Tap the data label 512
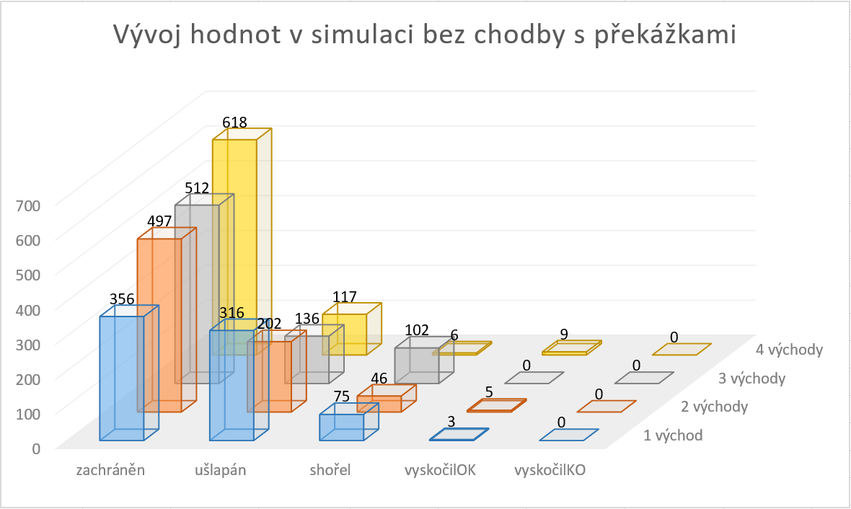click(x=196, y=189)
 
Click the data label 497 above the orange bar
click(x=159, y=221)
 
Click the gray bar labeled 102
click(x=417, y=364)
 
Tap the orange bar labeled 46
click(x=379, y=403)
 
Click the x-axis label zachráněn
click(x=111, y=471)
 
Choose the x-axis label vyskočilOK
click(x=440, y=471)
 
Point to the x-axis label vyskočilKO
click(x=550, y=471)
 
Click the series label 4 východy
click(x=790, y=350)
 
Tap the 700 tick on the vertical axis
click(x=27, y=205)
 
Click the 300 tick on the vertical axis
click(x=27, y=344)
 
